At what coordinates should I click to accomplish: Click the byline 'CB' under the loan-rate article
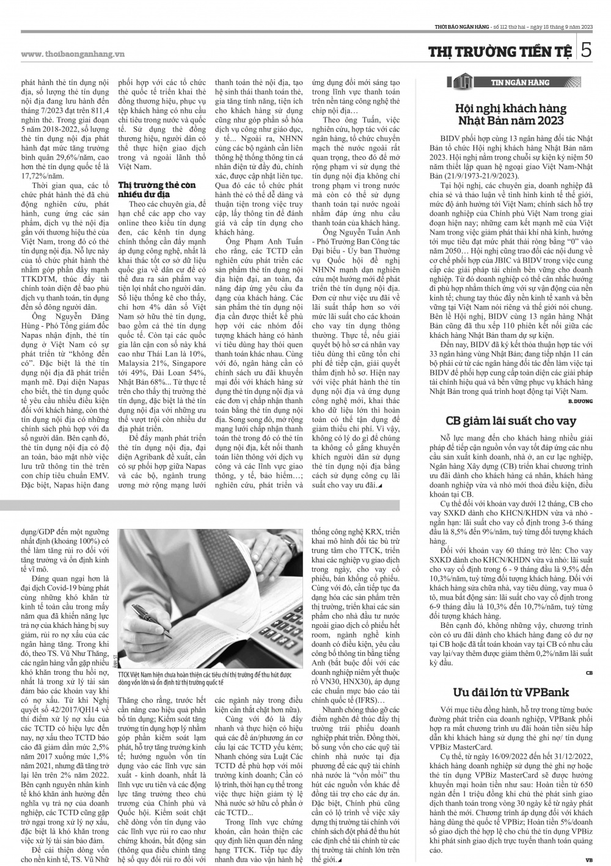[589, 672]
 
